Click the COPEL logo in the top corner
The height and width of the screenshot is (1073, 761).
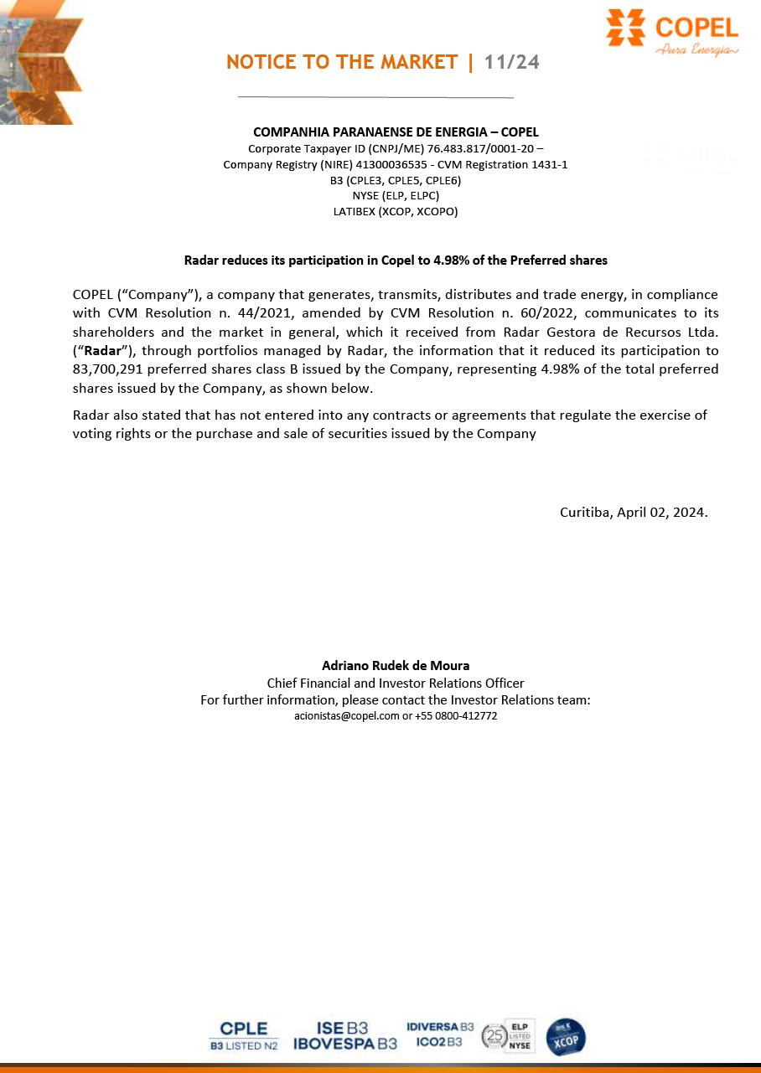[672, 33]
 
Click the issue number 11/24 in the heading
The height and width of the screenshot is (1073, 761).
[511, 62]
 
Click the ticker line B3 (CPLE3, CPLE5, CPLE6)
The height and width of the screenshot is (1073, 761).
[396, 180]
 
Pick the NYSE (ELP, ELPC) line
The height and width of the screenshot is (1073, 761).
[396, 196]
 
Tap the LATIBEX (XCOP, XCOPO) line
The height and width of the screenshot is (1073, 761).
[396, 211]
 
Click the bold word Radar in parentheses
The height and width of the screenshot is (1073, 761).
[103, 350]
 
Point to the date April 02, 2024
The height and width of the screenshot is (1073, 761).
[661, 512]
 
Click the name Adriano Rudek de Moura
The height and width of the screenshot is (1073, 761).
[396, 666]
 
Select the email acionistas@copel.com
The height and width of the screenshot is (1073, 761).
[347, 716]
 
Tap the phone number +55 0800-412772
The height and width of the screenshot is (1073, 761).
[456, 716]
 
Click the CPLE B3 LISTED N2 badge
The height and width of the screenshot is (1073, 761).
[244, 1036]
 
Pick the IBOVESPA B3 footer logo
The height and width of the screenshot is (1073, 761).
[345, 1044]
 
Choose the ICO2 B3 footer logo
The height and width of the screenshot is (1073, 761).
[439, 1042]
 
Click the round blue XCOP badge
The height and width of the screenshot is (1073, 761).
[566, 1037]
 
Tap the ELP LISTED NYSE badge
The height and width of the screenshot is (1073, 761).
[520, 1036]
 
